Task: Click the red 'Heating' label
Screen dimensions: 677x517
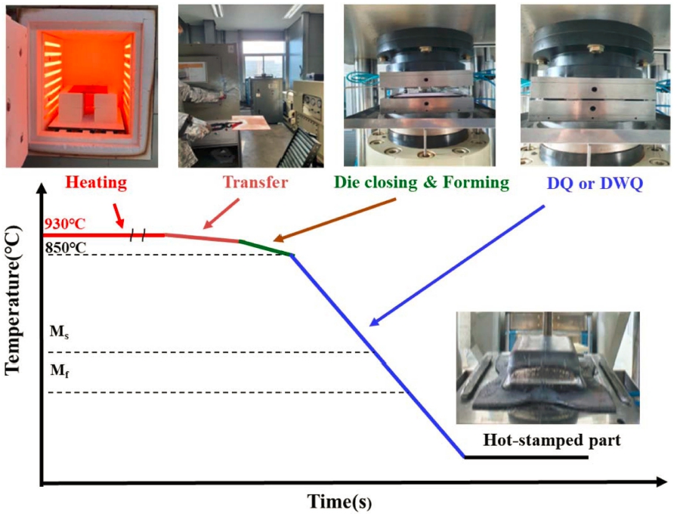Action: pos(96,182)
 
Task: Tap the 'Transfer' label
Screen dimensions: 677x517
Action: pos(255,182)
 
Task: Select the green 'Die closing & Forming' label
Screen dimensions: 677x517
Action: pos(422,182)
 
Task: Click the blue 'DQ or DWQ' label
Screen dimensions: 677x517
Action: pos(595,183)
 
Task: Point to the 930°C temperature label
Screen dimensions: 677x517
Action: pos(65,224)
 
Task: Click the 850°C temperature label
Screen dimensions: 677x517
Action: pos(65,247)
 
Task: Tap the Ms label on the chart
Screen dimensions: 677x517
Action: pos(59,332)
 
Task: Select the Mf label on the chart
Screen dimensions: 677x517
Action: pos(60,370)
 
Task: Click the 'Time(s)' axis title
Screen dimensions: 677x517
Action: pos(339,501)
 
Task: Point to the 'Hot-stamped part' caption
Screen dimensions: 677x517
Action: pos(552,440)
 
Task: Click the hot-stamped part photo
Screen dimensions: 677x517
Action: pos(548,367)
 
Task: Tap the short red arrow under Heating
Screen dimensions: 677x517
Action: pos(119,215)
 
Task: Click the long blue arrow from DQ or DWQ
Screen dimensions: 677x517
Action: pos(457,265)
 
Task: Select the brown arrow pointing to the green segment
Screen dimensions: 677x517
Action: pos(335,220)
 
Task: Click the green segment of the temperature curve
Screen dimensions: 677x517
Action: pos(266,247)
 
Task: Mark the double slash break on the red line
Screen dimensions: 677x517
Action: pos(138,235)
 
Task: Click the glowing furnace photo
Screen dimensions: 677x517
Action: pos(82,86)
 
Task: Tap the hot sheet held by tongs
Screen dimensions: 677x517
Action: pos(251,122)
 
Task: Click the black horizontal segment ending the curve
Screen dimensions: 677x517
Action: pos(527,457)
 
